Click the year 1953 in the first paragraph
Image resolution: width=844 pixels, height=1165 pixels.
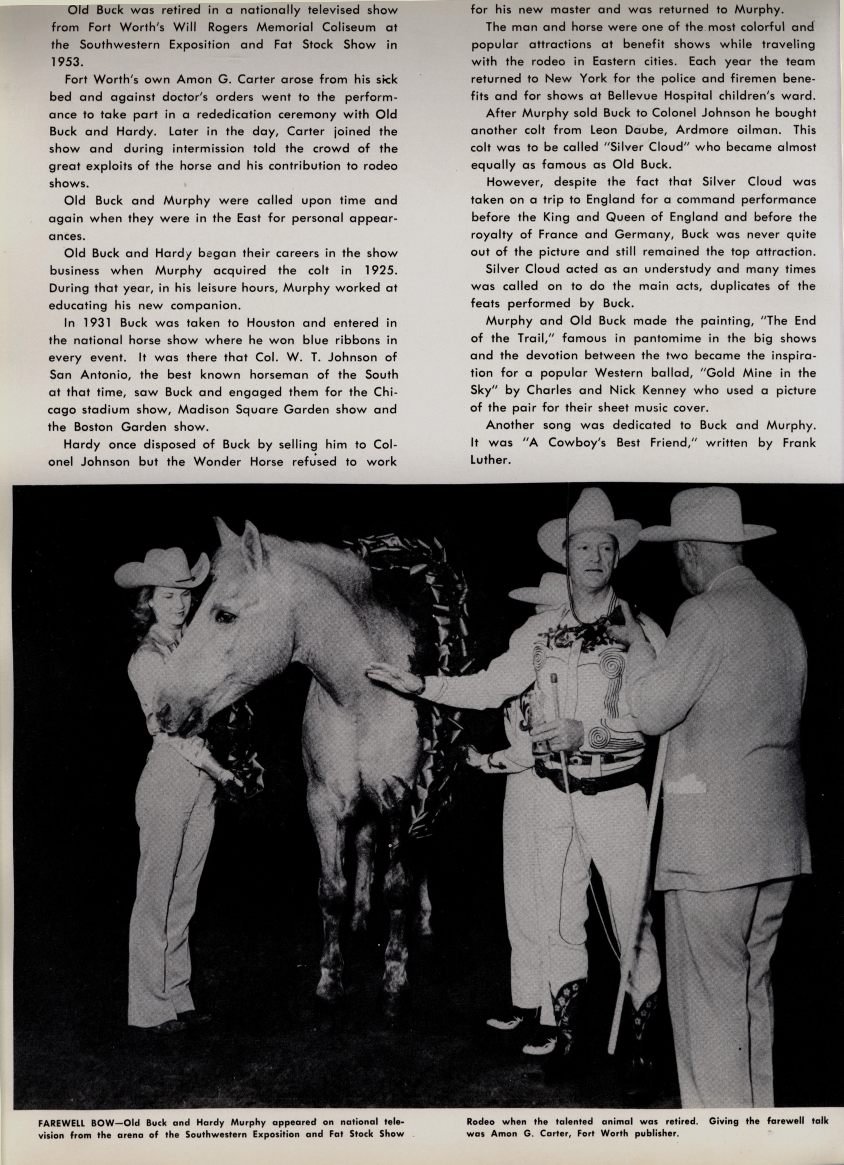click(66, 62)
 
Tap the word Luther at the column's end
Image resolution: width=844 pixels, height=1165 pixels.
click(489, 460)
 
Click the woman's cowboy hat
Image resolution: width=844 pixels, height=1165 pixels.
click(162, 568)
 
